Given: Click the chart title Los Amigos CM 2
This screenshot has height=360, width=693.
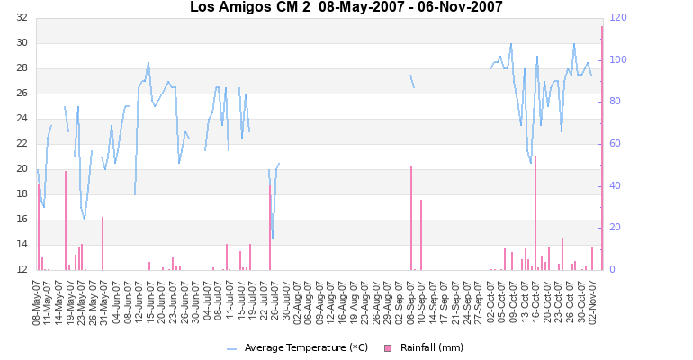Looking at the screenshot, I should tap(346, 8).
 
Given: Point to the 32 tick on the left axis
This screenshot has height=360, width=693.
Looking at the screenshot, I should tap(21, 18).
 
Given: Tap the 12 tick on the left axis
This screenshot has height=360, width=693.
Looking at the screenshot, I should tap(21, 270).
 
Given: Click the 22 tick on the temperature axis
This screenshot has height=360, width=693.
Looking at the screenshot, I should tap(21, 144).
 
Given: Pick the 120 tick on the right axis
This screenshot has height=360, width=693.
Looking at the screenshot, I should tap(619, 18).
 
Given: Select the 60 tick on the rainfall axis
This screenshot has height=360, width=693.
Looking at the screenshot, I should tap(616, 144).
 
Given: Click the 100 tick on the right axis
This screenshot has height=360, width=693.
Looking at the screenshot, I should tap(619, 60).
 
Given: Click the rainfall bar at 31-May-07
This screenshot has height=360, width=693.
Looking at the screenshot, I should tap(103, 244).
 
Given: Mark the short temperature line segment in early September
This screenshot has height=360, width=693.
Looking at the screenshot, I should tap(412, 82).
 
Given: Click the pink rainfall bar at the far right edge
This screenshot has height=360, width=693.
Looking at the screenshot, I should tap(602, 148).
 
